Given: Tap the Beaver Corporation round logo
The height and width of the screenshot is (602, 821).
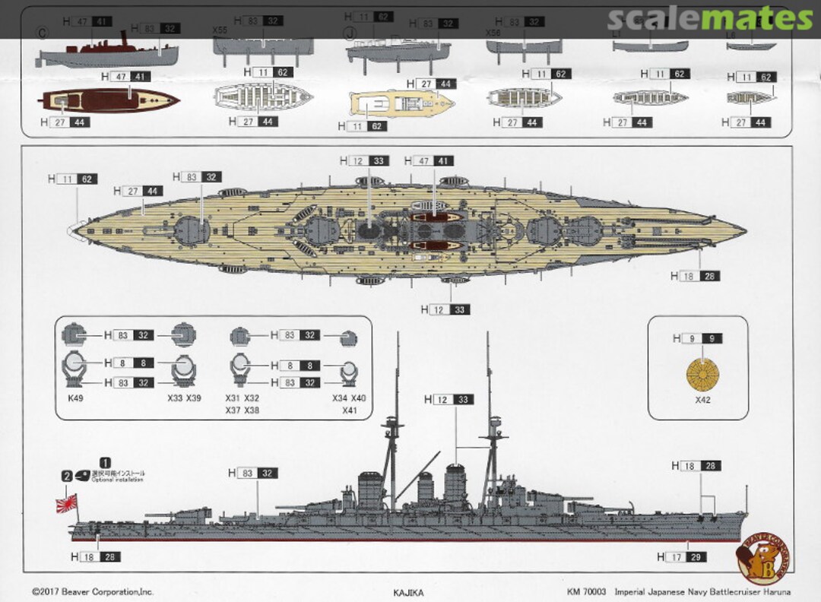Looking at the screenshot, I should [762, 558].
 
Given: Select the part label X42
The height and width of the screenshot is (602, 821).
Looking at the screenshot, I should [702, 400].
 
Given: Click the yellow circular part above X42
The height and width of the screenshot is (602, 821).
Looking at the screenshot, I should [702, 372].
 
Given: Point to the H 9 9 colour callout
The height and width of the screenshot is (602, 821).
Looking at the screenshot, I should [698, 338].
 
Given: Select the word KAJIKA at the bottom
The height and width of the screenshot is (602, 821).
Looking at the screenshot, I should [409, 591].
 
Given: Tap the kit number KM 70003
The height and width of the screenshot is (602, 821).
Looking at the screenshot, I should [586, 591].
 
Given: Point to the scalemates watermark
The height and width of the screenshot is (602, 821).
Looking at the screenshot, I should [711, 18].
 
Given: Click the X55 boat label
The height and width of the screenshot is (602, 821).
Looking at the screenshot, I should [220, 30].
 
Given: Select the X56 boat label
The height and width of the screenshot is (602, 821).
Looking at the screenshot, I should [493, 33].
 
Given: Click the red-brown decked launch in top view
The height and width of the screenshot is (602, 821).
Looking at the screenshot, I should [110, 100].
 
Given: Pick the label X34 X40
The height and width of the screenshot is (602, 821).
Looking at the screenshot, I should [349, 398].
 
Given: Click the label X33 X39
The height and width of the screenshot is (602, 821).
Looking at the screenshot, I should [184, 398].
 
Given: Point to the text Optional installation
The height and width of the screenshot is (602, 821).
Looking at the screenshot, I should [119, 480].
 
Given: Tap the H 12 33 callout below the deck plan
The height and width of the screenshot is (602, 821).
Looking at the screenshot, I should [447, 309].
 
